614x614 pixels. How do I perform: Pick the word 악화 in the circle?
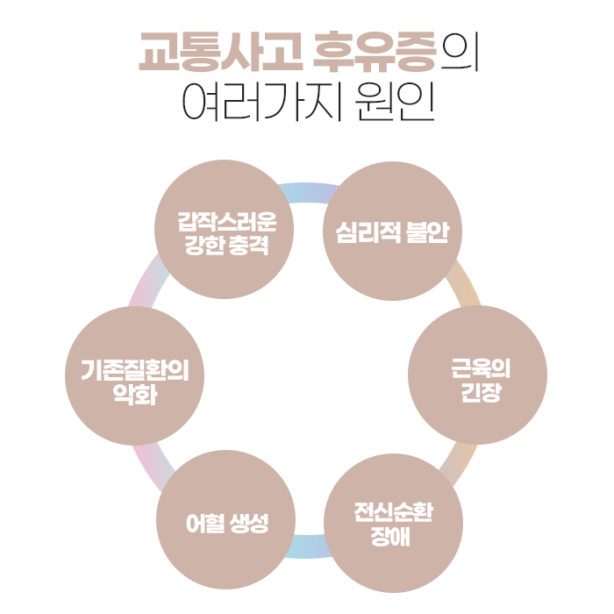point(135,395)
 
